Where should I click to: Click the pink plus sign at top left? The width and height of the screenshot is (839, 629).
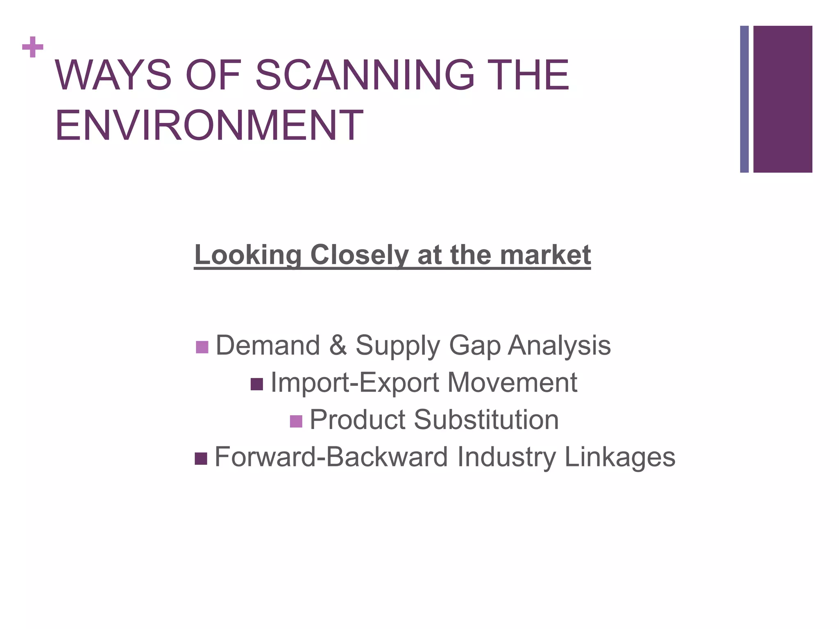33,48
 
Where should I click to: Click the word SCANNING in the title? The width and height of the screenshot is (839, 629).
365,76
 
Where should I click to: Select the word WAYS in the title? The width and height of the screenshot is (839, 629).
113,76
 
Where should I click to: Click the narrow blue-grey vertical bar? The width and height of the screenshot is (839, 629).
744,99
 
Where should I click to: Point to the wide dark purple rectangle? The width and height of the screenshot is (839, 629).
782,99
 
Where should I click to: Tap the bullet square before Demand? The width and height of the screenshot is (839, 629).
202,347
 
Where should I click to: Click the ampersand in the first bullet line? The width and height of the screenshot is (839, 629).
338,345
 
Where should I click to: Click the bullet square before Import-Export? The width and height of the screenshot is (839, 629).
257,384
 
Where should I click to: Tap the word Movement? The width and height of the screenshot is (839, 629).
512,382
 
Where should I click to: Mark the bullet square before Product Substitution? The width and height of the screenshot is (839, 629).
296,421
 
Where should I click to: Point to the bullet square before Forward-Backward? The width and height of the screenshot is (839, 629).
201,459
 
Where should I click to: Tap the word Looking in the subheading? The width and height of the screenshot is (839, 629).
248,255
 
